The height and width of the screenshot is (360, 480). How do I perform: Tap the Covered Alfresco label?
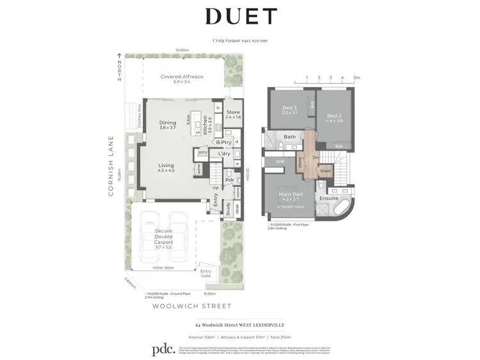pos(182,77)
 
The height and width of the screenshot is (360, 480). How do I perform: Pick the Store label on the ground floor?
pos(233,113)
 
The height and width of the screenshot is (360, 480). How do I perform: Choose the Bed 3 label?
pos(289,108)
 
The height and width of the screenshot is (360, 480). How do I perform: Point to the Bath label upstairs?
pos(290,136)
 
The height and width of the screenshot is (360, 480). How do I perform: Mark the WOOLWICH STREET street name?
pos(191,306)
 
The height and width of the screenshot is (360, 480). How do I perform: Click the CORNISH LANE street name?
pos(111,165)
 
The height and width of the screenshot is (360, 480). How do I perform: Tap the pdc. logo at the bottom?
pos(163,350)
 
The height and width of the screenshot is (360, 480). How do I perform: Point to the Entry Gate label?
pos(205,274)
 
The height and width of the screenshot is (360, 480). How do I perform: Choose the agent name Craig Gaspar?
pos(225,40)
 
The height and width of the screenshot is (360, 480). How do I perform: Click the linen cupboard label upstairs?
pos(324,170)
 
